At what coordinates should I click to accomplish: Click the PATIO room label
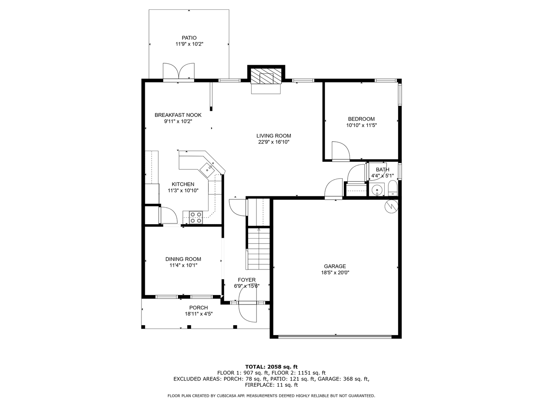(189, 38)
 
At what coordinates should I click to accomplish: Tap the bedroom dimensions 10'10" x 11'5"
(361, 125)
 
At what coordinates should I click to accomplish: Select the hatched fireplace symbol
(266, 77)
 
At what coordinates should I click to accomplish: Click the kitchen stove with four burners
(196, 217)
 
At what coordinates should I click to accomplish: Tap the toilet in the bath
(393, 188)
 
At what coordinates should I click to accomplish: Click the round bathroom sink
(377, 190)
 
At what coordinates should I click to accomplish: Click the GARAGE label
(335, 266)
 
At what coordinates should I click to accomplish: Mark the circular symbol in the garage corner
(391, 206)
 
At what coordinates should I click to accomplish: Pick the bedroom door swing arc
(341, 151)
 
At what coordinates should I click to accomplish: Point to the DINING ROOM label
(183, 259)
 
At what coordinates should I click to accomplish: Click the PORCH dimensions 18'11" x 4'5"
(199, 314)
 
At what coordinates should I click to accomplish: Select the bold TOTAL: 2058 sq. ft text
(271, 367)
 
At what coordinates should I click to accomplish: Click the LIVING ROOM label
(274, 136)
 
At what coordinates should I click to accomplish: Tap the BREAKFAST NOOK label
(178, 115)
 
